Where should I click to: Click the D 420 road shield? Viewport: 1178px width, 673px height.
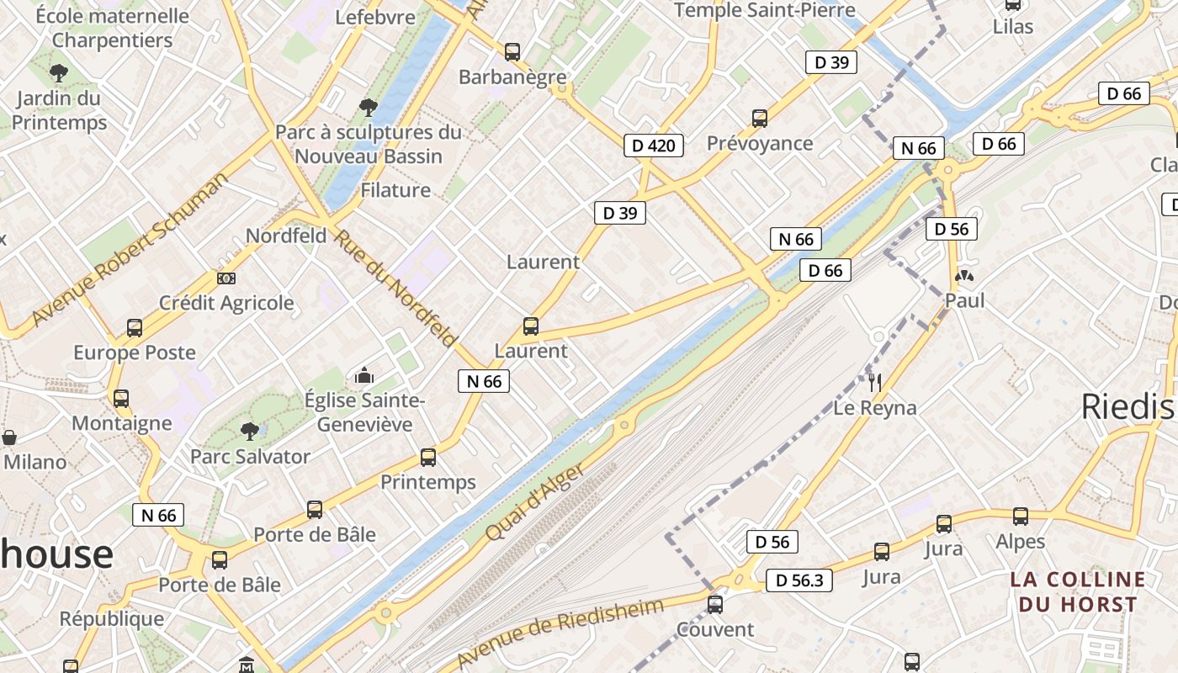[653, 146]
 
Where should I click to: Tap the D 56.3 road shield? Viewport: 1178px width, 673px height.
[799, 580]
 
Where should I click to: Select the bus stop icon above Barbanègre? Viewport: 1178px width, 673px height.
[512, 52]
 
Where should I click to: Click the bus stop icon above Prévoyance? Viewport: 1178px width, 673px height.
[760, 119]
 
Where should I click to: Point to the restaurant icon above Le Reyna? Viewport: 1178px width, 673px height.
[875, 383]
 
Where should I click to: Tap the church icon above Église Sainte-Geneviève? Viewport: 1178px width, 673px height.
[364, 375]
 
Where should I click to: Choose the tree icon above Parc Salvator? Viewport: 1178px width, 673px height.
[249, 432]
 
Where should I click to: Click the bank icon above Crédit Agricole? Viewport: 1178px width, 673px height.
[226, 278]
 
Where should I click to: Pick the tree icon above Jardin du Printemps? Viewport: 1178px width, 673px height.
[58, 73]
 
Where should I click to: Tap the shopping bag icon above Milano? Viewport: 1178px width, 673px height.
[9, 437]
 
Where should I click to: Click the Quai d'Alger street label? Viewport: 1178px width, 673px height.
[534, 502]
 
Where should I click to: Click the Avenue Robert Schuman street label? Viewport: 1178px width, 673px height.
[130, 250]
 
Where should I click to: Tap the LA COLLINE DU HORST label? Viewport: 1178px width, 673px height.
[1078, 591]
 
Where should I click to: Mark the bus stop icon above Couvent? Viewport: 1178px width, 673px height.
[715, 604]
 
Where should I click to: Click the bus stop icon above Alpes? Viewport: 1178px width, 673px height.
[1021, 516]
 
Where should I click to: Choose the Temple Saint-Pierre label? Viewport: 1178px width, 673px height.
[765, 10]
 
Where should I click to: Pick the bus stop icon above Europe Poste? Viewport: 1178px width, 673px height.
[135, 327]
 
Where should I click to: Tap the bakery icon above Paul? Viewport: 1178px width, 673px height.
[964, 275]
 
